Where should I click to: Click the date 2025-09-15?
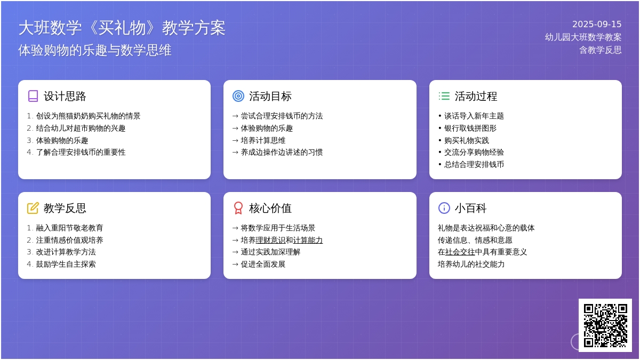point(597,25)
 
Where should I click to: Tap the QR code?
point(605,325)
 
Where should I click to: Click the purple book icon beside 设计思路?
point(33,97)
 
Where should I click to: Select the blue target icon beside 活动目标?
point(238,97)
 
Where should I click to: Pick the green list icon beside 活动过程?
point(444,96)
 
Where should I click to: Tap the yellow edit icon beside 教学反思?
point(33,208)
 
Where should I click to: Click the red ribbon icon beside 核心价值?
point(238,208)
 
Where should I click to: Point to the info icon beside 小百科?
point(444,208)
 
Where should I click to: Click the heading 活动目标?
point(270,97)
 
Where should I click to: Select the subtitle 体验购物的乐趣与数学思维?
point(94,50)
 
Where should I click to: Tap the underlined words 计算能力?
point(308,240)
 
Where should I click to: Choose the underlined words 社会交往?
point(460,252)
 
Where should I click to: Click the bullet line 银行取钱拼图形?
point(470,129)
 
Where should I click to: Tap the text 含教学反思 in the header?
point(601,50)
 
